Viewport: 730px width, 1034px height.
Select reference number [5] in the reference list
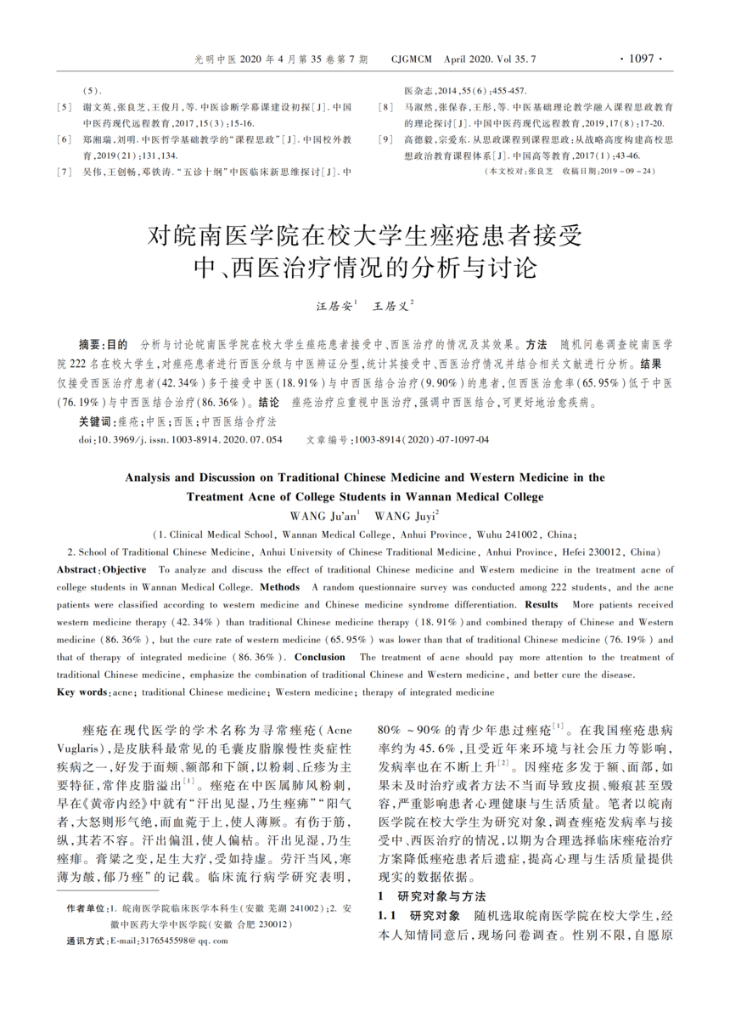pos(64,107)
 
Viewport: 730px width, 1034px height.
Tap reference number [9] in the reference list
pos(387,138)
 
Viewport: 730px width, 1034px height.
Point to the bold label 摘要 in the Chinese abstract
pos(88,346)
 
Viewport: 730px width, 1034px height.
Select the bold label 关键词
pos(94,421)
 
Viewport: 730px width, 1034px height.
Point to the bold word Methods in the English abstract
pos(280,587)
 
